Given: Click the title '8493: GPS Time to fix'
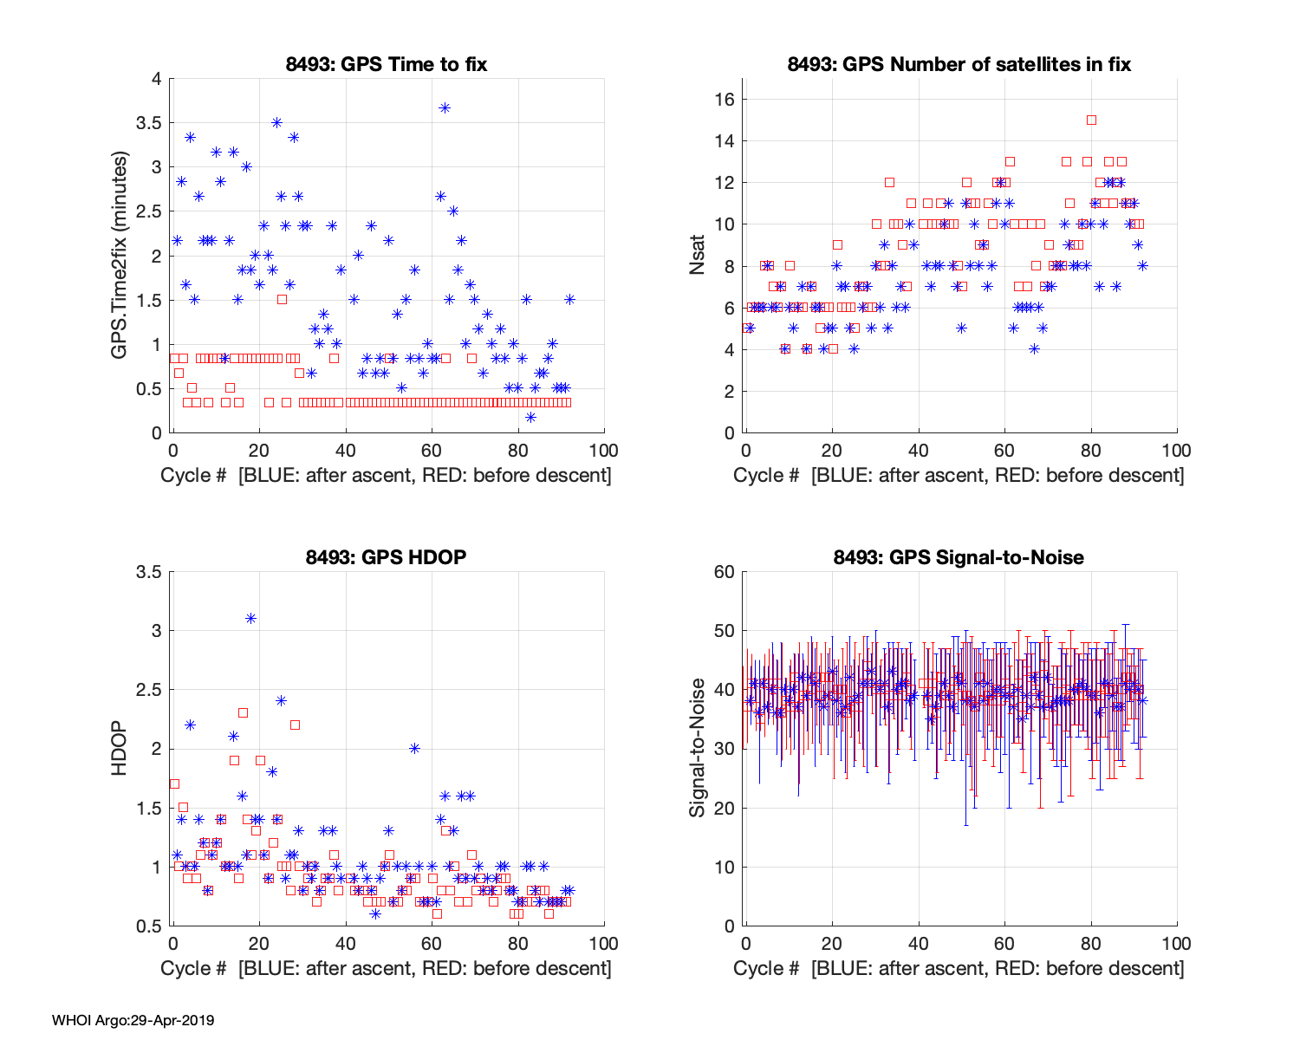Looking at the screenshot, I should point(387,64).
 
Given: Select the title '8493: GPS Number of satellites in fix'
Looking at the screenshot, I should point(959,64).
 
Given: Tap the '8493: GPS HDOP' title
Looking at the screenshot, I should point(387,557).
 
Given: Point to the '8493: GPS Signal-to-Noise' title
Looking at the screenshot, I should point(959,557).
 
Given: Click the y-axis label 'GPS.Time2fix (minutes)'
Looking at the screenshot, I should point(119,256).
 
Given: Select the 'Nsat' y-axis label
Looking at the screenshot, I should point(698,256).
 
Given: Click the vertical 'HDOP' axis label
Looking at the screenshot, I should point(119,749).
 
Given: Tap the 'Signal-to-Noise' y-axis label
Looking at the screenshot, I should point(698,749).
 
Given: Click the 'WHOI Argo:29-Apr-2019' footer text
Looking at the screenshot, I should point(133,1020).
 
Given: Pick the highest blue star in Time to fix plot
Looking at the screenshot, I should point(445,107).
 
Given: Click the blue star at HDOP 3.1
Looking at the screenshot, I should point(250,618).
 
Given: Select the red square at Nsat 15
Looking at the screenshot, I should point(1091,120).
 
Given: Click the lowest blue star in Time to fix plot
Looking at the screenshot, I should point(530,417).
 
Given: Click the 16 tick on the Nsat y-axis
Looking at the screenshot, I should point(725,100).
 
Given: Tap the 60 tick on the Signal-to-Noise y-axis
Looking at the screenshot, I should point(725,572).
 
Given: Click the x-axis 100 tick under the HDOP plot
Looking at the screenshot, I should point(604,944).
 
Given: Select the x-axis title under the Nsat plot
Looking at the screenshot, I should point(959,475).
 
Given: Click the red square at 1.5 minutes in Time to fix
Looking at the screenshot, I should point(282,299).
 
